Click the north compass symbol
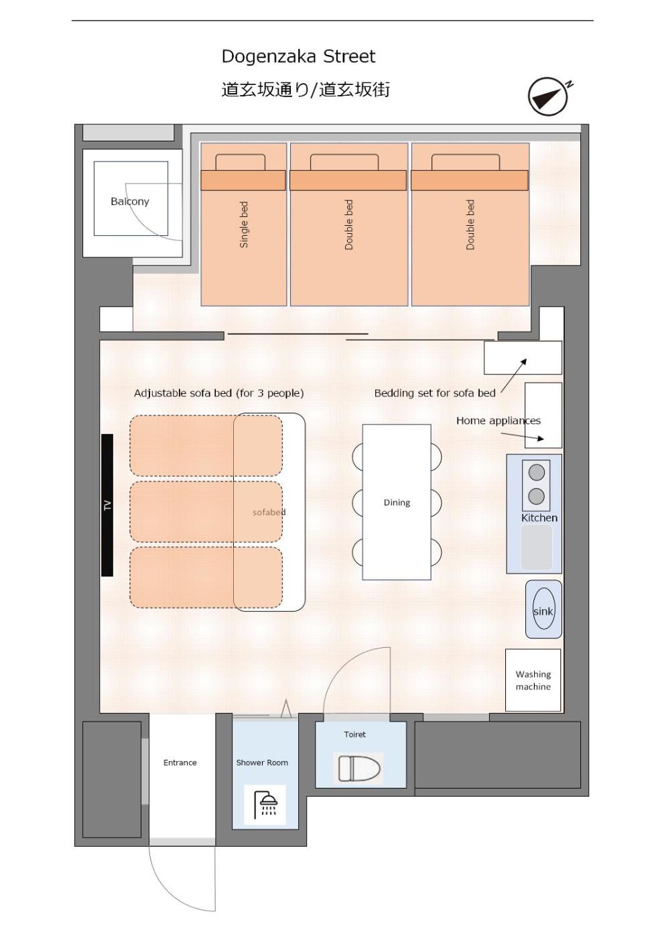[548, 96]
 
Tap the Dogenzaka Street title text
[298, 56]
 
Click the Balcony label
[130, 202]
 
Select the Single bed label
[244, 225]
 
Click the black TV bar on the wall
[107, 505]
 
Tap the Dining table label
[397, 503]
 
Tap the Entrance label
[180, 762]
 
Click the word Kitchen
[539, 518]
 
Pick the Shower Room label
[262, 762]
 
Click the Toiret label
[354, 734]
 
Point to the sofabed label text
[269, 512]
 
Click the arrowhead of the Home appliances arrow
[541, 438]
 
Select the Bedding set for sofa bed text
[435, 393]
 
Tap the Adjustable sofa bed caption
[218, 393]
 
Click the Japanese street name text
[306, 90]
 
